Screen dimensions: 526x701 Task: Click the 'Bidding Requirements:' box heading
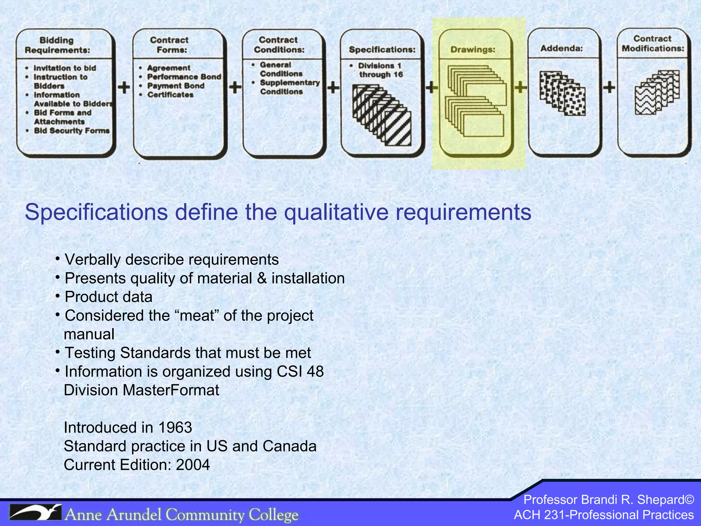(57, 45)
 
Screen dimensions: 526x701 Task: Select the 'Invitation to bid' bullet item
(64, 68)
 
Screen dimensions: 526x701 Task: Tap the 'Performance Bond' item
(184, 77)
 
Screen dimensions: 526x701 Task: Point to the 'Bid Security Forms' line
(72, 130)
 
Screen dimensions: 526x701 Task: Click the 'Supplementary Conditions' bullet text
(289, 87)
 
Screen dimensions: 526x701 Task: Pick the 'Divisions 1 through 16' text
(380, 70)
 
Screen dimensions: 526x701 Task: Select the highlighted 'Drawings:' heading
(473, 50)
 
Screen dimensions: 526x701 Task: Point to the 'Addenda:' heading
(561, 48)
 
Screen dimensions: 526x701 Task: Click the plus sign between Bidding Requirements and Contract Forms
(124, 87)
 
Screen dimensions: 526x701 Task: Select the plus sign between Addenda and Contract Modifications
(609, 87)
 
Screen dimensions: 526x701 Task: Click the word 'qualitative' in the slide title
(336, 212)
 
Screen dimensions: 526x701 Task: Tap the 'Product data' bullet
(109, 297)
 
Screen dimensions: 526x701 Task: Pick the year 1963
(175, 427)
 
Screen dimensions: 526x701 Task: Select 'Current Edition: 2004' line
(137, 465)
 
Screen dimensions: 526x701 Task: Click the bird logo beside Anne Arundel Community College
(35, 513)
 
